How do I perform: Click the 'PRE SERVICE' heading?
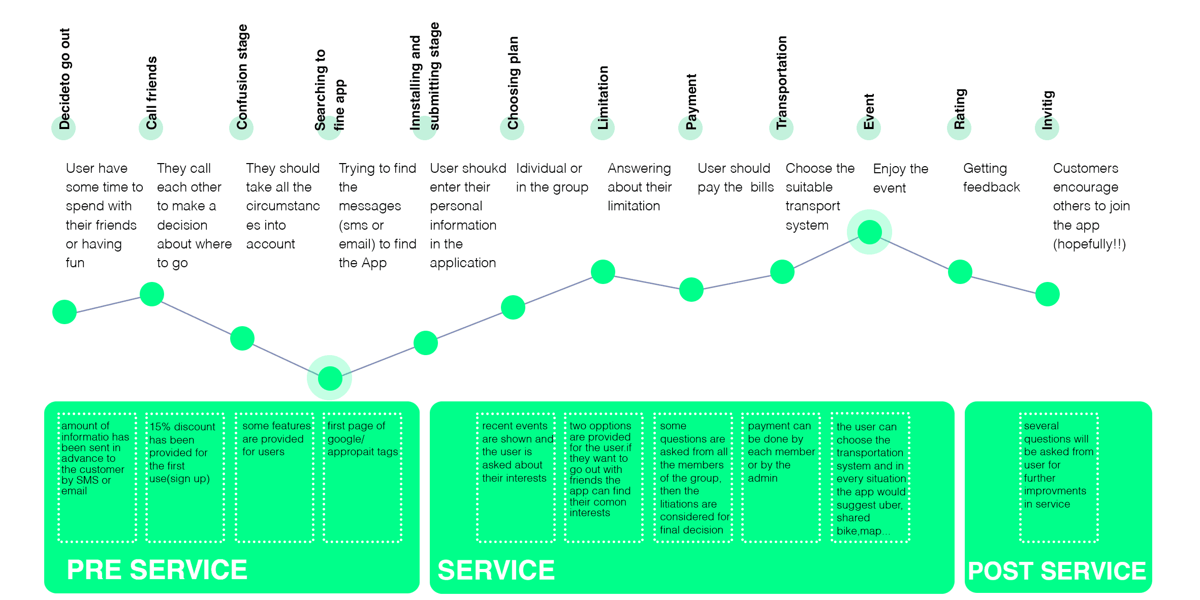pos(157,570)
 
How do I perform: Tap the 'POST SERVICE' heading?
pos(1057,571)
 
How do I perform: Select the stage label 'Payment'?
pos(691,102)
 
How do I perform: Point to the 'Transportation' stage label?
pos(781,82)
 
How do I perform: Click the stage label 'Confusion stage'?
pos(242,77)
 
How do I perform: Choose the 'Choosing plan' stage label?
pos(513,83)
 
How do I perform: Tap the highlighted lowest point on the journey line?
pos(330,378)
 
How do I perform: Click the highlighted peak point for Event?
pos(869,232)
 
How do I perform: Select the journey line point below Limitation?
pos(603,272)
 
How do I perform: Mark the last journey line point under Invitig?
pos(1047,294)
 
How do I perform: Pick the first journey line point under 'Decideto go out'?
pos(65,311)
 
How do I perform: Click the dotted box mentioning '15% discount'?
pos(185,478)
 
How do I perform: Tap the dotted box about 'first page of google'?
pos(363,478)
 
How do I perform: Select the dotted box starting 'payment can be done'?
pos(781,478)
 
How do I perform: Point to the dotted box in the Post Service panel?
pos(1059,478)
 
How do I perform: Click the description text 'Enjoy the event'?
pos(900,178)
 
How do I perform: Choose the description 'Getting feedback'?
pos(991,177)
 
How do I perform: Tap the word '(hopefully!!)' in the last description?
pos(1089,244)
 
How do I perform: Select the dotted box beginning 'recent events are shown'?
pos(516,478)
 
